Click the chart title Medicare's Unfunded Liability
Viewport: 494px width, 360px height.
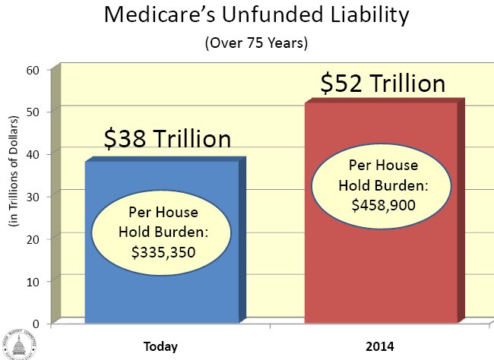click(x=252, y=14)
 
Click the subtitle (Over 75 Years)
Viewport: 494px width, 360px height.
click(x=252, y=43)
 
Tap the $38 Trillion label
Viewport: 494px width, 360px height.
click(x=166, y=140)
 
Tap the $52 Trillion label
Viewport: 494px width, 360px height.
click(x=382, y=83)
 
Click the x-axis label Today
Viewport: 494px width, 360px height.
click(x=160, y=346)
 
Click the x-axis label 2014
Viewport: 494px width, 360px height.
click(x=378, y=346)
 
